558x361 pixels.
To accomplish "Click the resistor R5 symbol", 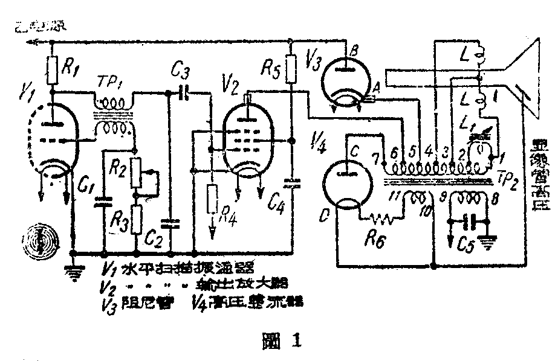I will pyautogui.click(x=291, y=69).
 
